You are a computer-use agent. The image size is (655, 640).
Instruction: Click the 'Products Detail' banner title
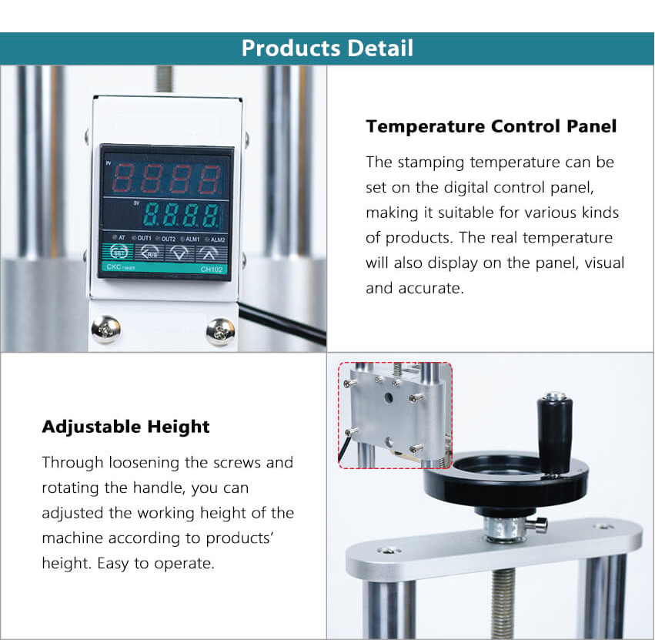[x=328, y=48]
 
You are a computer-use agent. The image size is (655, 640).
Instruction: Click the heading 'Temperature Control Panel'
[x=491, y=126]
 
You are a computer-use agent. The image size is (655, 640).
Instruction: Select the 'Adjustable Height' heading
[x=125, y=427]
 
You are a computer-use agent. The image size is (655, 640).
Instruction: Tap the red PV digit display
[x=166, y=179]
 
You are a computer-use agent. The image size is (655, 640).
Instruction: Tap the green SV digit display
[x=181, y=215]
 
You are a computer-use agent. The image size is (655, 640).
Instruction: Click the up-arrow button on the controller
[x=209, y=253]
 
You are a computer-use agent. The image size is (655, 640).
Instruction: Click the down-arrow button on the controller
[x=179, y=253]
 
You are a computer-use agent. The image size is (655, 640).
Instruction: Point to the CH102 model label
[x=212, y=270]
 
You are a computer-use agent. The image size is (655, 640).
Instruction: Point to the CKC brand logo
[x=114, y=266]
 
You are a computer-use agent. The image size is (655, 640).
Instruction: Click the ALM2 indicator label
[x=218, y=240]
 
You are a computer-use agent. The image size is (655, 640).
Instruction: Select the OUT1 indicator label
[x=145, y=238]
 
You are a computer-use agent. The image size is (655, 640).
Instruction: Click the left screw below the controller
[x=106, y=329]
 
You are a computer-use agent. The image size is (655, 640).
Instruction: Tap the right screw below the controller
[x=221, y=333]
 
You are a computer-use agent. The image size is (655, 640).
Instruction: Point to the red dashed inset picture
[x=395, y=415]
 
